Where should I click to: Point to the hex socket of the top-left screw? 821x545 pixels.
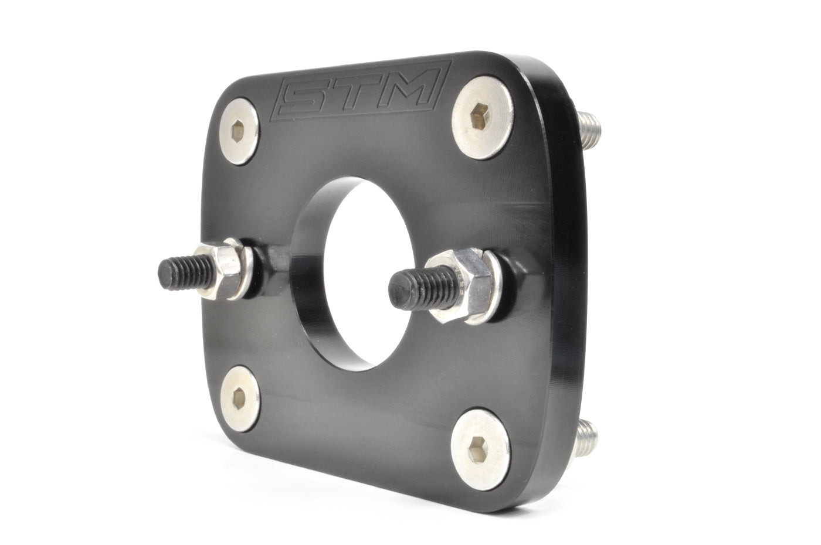(237, 133)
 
